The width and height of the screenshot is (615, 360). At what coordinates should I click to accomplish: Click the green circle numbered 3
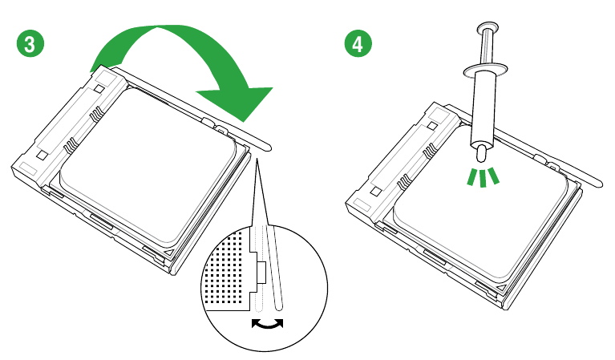click(29, 43)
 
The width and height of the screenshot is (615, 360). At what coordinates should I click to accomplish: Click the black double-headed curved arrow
click(267, 323)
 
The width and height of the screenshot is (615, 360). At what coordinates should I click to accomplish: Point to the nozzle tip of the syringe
click(481, 152)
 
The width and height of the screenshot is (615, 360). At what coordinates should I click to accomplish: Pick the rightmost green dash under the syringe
click(495, 176)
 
